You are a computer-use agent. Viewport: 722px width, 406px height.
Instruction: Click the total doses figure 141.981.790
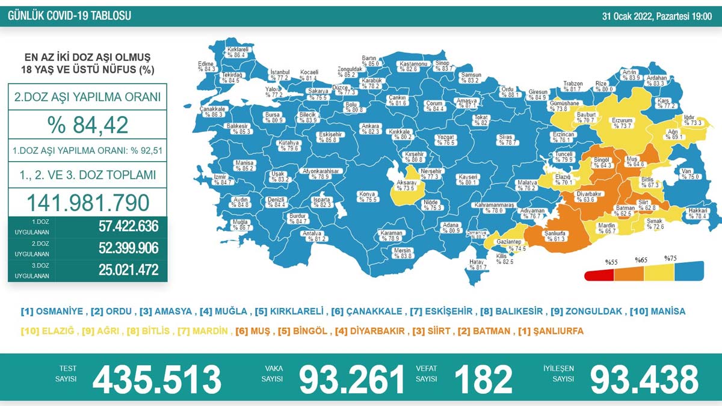[87, 203]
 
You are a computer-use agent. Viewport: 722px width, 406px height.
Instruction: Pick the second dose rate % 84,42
[88, 125]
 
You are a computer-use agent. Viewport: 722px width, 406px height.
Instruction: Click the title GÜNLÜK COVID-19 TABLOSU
[69, 16]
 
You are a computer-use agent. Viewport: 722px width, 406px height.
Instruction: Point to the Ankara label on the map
[371, 128]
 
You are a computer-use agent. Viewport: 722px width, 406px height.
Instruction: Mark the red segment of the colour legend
[599, 275]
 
